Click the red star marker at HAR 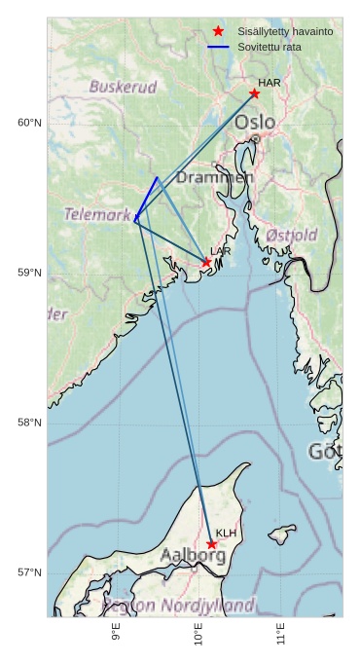click(x=254, y=93)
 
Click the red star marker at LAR click(x=206, y=263)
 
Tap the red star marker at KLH click(x=211, y=544)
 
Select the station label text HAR click(x=270, y=83)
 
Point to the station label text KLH click(x=226, y=534)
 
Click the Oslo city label click(x=255, y=123)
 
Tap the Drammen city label click(x=215, y=178)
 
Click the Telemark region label click(x=97, y=214)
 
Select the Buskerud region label click(x=123, y=87)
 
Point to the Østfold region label click(x=291, y=236)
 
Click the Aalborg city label click(x=193, y=555)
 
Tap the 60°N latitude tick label click(x=29, y=123)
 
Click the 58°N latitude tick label click(x=29, y=423)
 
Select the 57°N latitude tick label click(x=29, y=572)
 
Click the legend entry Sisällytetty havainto click(x=285, y=32)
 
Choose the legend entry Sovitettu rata click(x=270, y=47)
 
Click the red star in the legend click(x=218, y=31)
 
